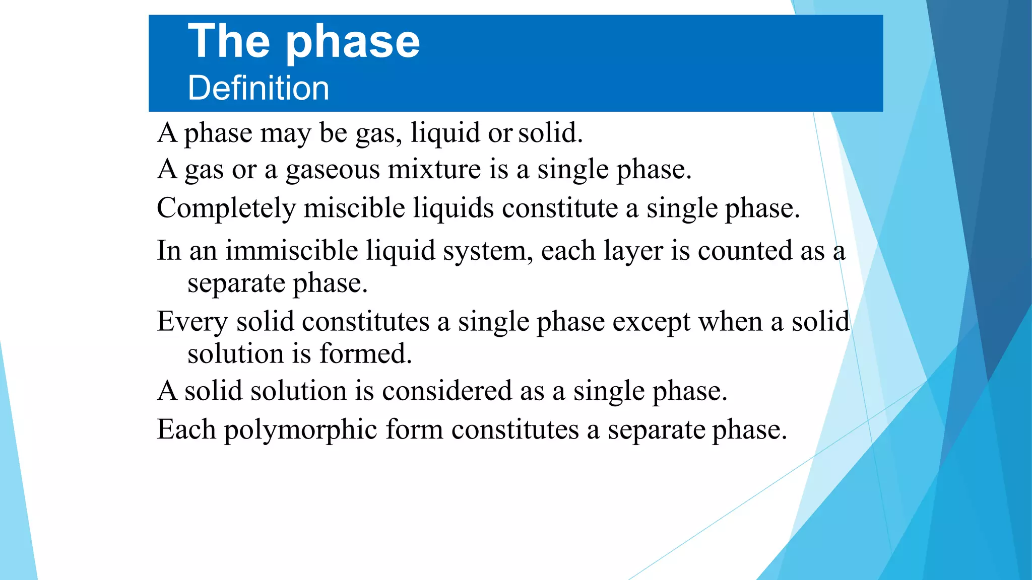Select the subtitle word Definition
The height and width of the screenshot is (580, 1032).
259,88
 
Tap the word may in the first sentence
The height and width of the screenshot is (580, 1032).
285,133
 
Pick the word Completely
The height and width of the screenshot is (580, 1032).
226,208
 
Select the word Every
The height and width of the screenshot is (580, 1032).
192,322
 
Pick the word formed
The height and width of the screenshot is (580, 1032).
366,353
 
